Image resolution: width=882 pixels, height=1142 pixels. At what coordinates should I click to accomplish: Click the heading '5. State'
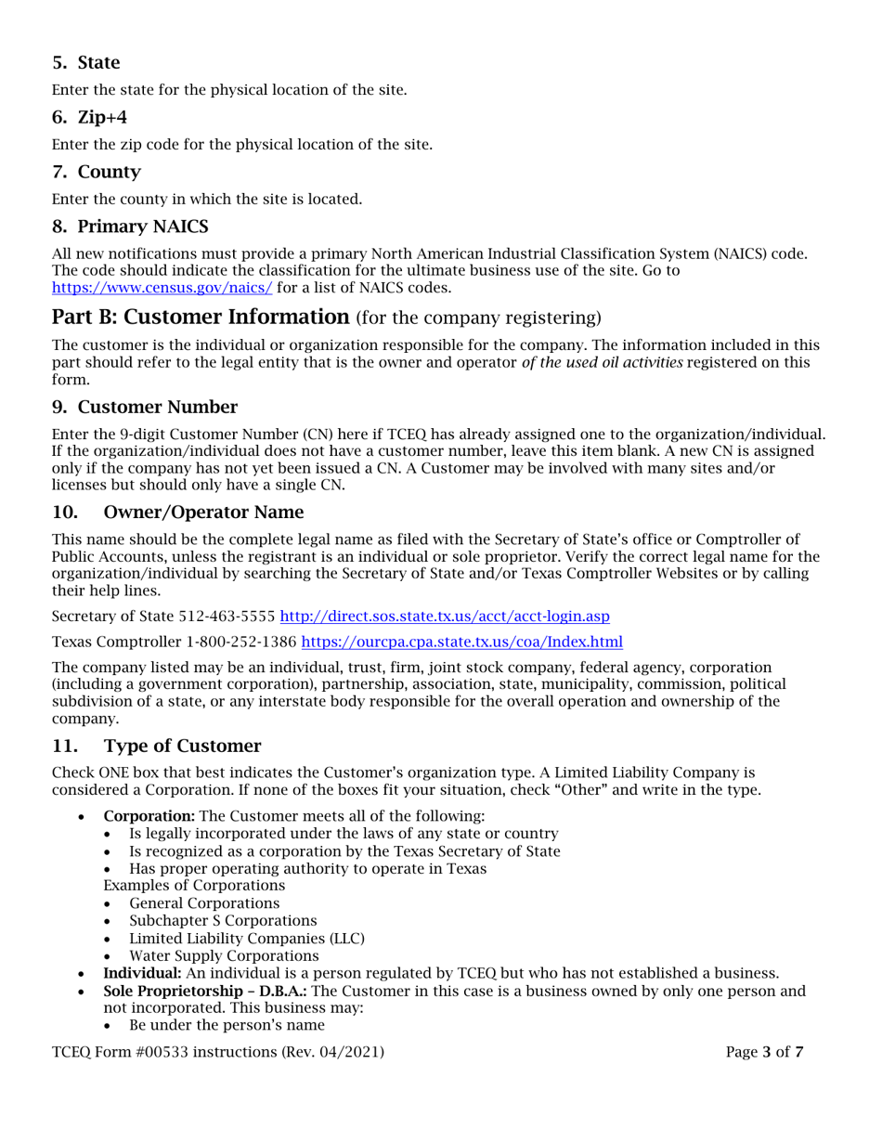[85, 63]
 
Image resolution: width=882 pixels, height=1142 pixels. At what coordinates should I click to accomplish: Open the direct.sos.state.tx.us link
[444, 616]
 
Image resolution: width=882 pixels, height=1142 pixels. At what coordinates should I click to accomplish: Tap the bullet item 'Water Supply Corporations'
[224, 955]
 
